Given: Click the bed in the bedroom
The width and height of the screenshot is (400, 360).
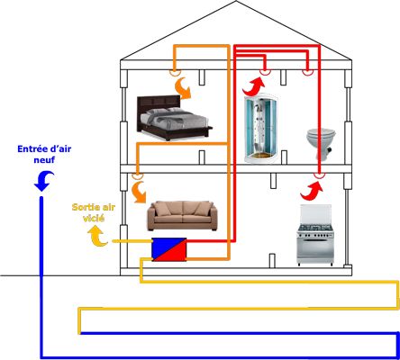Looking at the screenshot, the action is [175, 118].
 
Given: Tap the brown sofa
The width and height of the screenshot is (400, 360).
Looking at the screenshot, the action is [182, 216].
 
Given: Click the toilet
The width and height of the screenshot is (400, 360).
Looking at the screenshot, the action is [321, 144].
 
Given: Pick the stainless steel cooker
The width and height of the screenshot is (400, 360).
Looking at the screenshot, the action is [315, 235].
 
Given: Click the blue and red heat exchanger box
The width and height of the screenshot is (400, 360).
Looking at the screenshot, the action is [169, 249].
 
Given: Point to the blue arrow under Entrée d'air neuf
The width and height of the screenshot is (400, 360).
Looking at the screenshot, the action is [44, 181].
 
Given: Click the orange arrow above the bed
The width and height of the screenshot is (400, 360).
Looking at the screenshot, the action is [184, 88].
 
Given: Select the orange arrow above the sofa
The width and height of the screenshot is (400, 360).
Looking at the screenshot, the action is [139, 192].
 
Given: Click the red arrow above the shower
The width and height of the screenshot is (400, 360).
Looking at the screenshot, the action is [254, 86].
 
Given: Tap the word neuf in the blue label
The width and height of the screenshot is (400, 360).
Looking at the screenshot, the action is [44, 159].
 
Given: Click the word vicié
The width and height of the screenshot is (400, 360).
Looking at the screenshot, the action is [94, 218].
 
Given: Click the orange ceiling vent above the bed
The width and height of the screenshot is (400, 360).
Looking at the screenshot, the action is [175, 72].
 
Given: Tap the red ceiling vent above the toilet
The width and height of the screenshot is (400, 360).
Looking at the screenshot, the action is [307, 72].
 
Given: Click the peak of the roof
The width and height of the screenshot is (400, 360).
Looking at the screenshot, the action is [236, 1].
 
